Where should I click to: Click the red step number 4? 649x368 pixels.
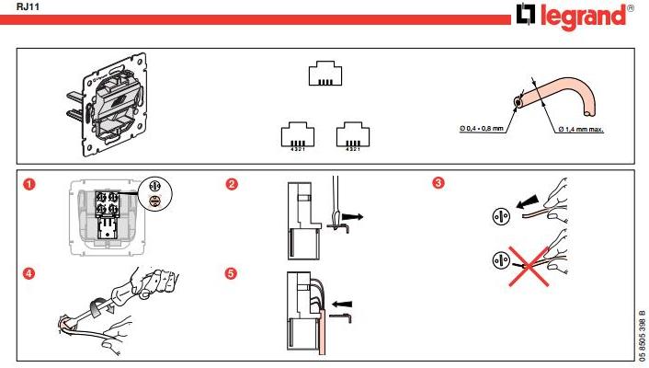tap(29, 273)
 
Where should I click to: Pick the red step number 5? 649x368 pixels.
tap(233, 273)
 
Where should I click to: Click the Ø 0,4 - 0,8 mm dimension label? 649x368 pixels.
tap(481, 129)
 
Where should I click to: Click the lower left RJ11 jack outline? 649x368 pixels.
tap(292, 134)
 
